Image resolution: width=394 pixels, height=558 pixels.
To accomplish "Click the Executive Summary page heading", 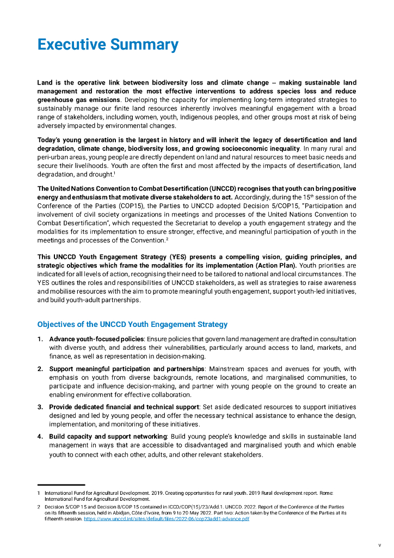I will point(108,45).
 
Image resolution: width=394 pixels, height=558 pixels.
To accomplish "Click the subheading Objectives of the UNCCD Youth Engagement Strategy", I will point(132,324).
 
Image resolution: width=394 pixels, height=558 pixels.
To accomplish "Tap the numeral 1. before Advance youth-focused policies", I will point(40,339).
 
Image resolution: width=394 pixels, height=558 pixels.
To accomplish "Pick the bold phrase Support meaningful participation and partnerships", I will point(126,369).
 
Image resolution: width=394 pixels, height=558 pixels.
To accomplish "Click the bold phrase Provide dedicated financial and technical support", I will point(124,407).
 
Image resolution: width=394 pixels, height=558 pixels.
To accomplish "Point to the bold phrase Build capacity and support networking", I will point(108,436).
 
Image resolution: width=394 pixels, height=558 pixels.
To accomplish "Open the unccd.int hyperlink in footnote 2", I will point(166,519).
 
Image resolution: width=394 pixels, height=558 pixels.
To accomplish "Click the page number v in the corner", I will point(379,545).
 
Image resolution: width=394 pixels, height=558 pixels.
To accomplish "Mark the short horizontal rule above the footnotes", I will point(61,484).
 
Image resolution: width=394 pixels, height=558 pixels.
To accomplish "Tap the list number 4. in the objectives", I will point(40,436).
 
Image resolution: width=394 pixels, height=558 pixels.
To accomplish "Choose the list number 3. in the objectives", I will point(40,407).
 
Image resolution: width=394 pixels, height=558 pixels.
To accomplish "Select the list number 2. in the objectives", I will point(40,369).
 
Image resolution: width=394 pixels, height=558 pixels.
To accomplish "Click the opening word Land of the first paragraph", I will point(45,83).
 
